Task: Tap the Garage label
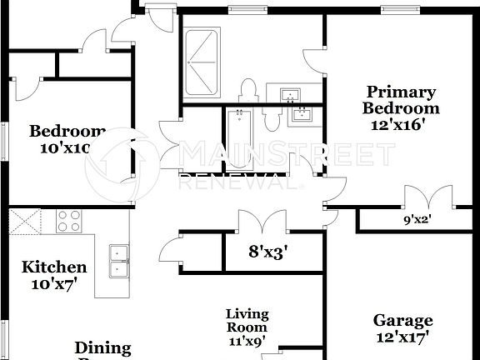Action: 402,320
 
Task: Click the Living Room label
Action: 247,320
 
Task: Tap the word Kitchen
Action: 54,267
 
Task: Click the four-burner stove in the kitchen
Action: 68,221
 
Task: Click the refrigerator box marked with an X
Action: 19,222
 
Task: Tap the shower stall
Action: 201,61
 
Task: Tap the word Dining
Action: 103,347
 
